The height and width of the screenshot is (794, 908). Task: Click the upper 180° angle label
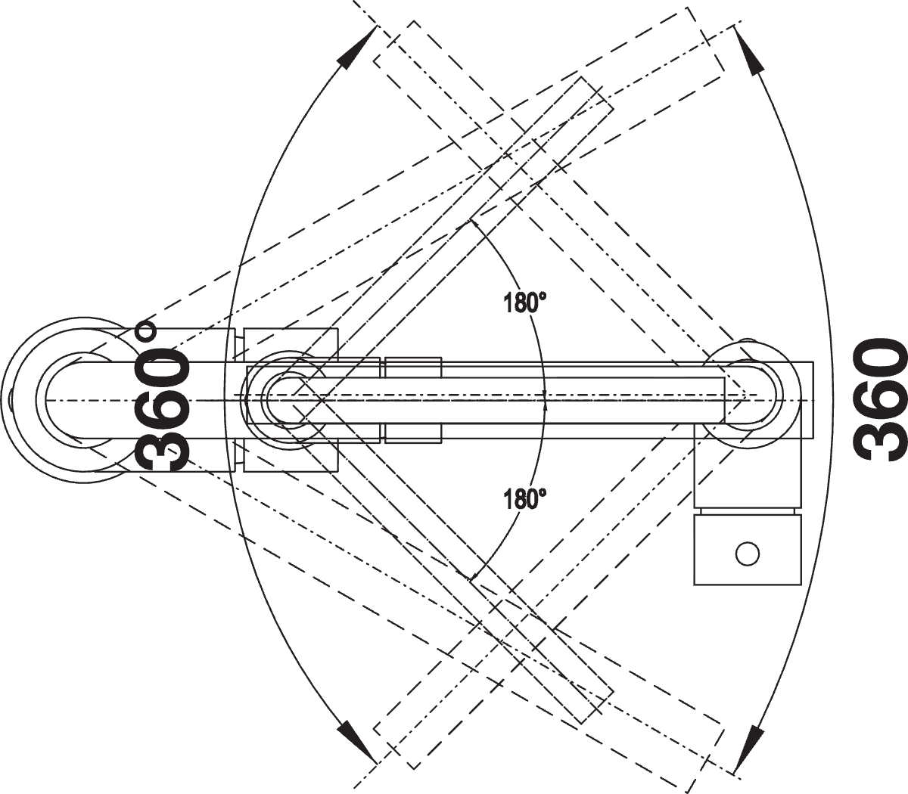[524, 303]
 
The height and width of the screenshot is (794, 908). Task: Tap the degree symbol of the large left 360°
[146, 331]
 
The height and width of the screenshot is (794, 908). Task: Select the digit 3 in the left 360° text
[160, 448]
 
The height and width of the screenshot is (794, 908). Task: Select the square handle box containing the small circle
[748, 550]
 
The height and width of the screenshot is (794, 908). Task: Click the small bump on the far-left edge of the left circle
[11, 401]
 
